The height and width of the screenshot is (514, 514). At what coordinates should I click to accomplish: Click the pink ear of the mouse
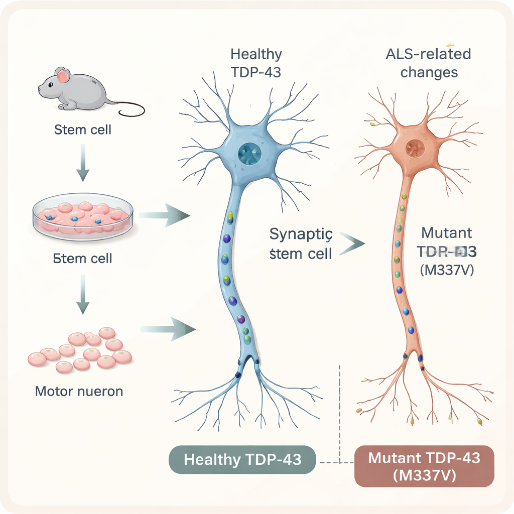tap(63, 76)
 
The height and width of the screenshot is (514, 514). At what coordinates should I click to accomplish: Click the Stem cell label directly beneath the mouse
tap(82, 130)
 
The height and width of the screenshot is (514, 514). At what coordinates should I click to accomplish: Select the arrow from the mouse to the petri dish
tap(82, 164)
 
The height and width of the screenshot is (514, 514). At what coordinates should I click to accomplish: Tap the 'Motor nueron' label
tap(79, 391)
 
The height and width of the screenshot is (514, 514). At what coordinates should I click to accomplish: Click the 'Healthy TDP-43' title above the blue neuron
tap(256, 63)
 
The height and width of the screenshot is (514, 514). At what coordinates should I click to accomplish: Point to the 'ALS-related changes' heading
tap(429, 63)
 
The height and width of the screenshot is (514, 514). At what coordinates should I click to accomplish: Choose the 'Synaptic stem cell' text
tap(301, 243)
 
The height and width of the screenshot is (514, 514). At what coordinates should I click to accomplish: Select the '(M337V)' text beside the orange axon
tap(446, 271)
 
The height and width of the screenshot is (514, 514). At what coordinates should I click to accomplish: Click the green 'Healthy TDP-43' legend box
tap(242, 459)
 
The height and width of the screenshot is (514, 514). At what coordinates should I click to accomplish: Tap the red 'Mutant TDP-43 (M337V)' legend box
tap(424, 466)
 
